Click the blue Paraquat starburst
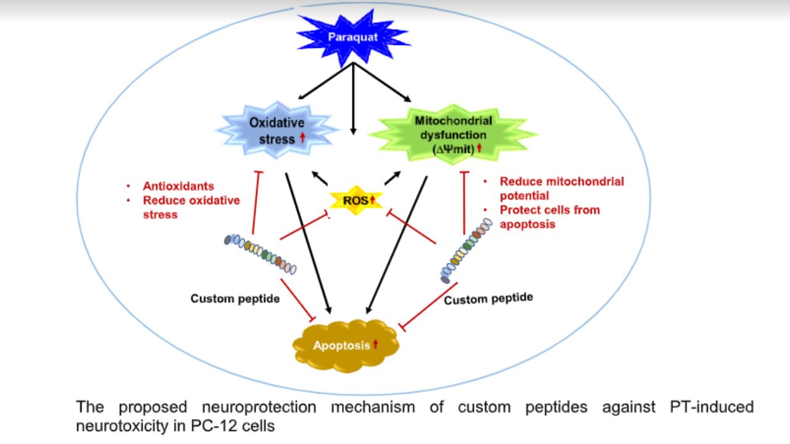353,36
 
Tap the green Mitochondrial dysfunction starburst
454,133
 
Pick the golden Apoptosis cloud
346,345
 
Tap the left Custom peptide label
235,299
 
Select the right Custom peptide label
488,299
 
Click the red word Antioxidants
178,186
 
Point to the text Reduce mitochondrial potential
561,188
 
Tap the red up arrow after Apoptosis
375,344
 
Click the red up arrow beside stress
302,138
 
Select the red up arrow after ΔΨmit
479,148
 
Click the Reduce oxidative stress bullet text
191,207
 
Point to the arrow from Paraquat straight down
353,105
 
